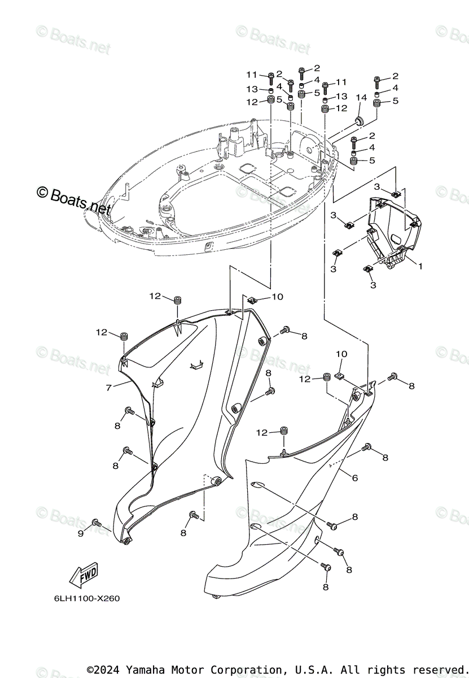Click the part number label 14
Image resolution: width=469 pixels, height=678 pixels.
coord(361,98)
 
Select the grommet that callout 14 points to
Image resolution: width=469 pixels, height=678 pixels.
coord(359,120)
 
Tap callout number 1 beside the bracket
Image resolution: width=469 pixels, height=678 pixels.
coord(419,264)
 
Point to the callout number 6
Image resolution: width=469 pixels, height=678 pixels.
coord(354,478)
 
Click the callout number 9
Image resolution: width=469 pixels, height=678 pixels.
coord(80,533)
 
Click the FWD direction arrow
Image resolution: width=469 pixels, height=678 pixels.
coord(83,576)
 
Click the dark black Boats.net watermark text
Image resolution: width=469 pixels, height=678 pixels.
coord(73,201)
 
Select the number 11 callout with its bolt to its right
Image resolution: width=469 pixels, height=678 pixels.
coord(251,75)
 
